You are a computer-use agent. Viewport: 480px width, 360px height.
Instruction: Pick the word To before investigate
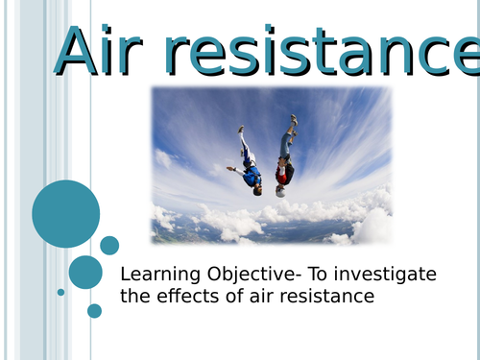click(x=320, y=275)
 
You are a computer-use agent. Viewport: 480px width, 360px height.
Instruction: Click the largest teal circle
click(x=66, y=213)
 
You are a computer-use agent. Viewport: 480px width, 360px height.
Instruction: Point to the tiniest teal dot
click(x=61, y=292)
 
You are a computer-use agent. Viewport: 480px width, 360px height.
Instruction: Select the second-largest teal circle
click(x=85, y=272)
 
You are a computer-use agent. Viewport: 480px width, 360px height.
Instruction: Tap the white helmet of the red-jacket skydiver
click(x=280, y=191)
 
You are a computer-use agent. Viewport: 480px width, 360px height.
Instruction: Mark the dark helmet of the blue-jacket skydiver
click(x=256, y=189)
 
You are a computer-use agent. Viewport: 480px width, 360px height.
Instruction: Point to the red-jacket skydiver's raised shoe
click(x=294, y=120)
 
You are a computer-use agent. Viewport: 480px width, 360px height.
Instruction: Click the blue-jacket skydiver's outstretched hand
click(x=230, y=169)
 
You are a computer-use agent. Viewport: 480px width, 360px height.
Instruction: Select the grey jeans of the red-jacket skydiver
click(x=287, y=144)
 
